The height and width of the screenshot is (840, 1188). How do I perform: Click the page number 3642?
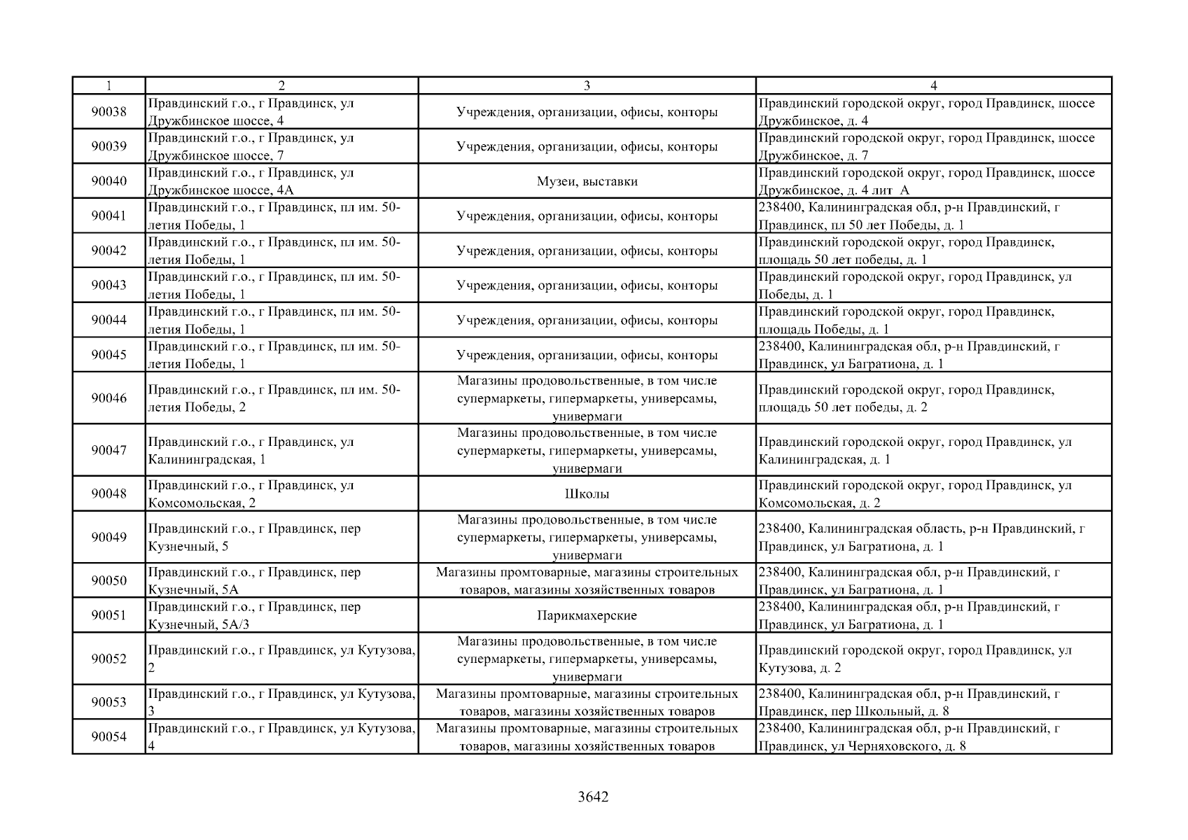pos(593,797)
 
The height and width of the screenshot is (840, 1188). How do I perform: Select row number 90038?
pos(109,112)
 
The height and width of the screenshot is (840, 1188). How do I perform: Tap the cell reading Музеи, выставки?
pos(587,181)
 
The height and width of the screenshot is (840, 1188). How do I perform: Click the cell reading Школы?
pos(587,493)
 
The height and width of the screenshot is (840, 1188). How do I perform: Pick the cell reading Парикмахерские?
pos(587,615)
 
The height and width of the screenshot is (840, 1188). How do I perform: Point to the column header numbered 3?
pos(587,85)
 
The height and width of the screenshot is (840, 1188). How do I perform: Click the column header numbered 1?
pos(109,85)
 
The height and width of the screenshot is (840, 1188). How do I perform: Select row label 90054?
pos(109,736)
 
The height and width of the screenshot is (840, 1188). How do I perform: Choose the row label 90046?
pos(109,398)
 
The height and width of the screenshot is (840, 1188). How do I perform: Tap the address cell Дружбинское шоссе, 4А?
pos(281,181)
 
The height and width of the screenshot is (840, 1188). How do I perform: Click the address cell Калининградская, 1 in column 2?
pos(281,450)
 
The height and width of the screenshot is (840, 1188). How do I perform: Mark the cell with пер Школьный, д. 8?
pos(933,702)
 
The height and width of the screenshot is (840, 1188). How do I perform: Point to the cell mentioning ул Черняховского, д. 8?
pos(933,736)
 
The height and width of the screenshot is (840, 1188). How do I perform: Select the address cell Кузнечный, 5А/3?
pos(281,615)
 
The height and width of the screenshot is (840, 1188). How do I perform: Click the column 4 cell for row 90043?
pos(933,285)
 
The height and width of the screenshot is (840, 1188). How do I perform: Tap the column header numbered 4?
pos(933,85)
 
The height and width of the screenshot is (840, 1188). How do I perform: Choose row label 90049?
pos(109,537)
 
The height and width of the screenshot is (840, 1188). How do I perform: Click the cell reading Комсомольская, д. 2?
pos(933,493)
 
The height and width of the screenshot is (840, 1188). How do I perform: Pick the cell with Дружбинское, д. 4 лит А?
pos(933,181)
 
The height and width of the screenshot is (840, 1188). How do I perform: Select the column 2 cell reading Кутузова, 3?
pos(281,702)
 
